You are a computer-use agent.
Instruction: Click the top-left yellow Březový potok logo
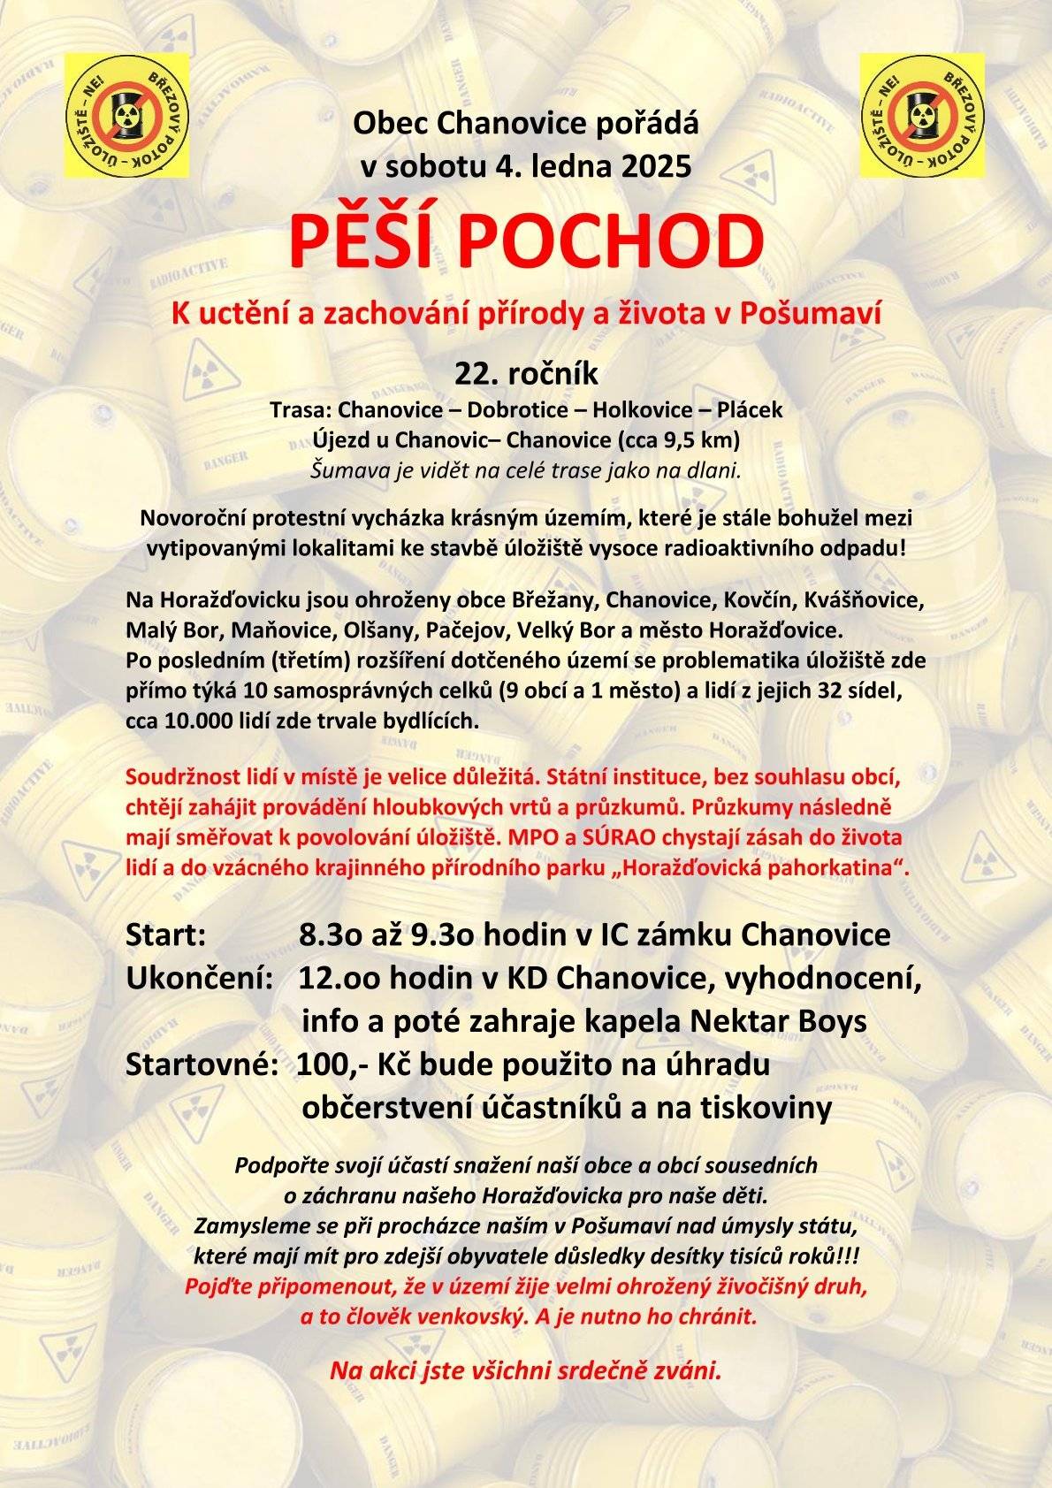click(126, 115)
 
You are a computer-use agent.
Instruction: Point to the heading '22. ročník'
click(526, 374)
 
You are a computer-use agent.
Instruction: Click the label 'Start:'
click(166, 935)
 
